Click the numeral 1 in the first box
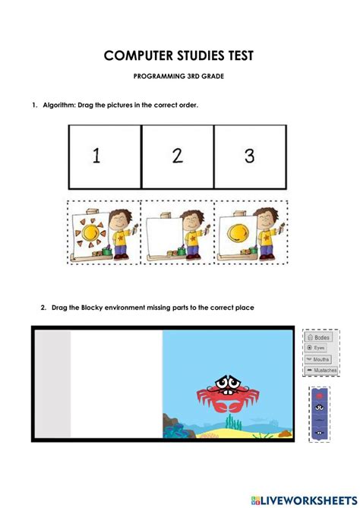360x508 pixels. [x=96, y=156]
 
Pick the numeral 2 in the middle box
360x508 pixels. [x=177, y=156]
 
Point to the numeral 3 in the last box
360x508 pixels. [x=249, y=156]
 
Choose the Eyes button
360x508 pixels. [x=319, y=347]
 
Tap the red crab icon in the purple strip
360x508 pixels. [x=319, y=396]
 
